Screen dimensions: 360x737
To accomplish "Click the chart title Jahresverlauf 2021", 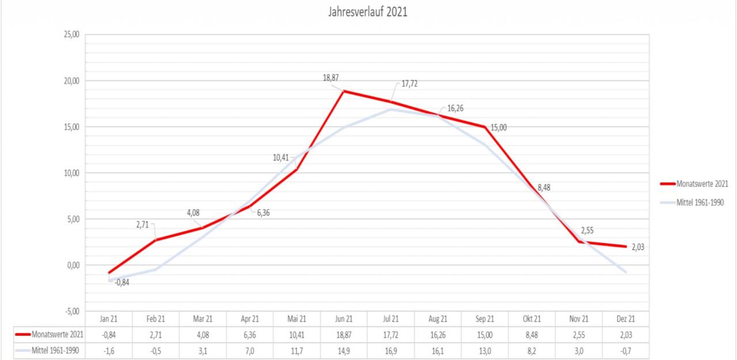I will (368, 12).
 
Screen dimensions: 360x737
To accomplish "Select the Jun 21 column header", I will (344, 319).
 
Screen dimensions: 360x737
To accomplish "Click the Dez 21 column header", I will (625, 319).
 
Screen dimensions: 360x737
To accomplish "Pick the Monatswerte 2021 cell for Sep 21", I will (485, 335).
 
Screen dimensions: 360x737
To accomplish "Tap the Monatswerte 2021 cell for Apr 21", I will (250, 335).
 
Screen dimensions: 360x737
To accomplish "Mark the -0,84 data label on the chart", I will (121, 282).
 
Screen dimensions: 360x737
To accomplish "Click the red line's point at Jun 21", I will (344, 91).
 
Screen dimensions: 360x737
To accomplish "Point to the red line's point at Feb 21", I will (155, 240).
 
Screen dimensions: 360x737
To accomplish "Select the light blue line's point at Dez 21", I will (625, 272).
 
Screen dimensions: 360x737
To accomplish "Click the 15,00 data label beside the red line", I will (498, 127).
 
